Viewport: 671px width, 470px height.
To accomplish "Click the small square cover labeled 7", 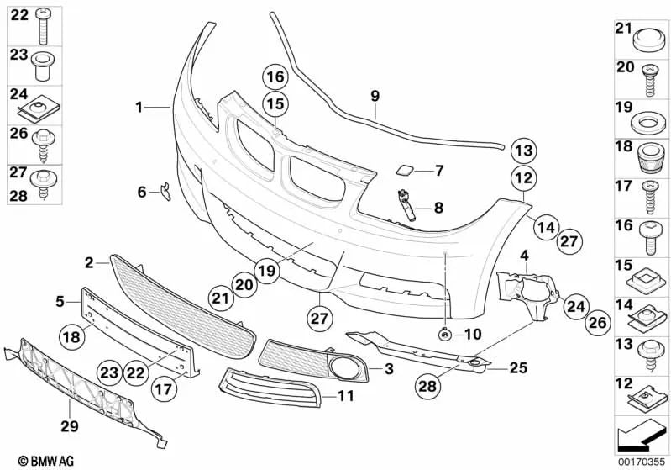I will point(405,171).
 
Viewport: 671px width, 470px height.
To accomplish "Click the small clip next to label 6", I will point(166,193).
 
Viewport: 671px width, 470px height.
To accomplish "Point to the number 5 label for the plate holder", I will point(60,299).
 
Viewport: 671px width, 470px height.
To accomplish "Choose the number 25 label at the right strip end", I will point(519,367).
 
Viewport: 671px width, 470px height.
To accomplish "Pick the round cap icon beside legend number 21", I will point(646,38).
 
